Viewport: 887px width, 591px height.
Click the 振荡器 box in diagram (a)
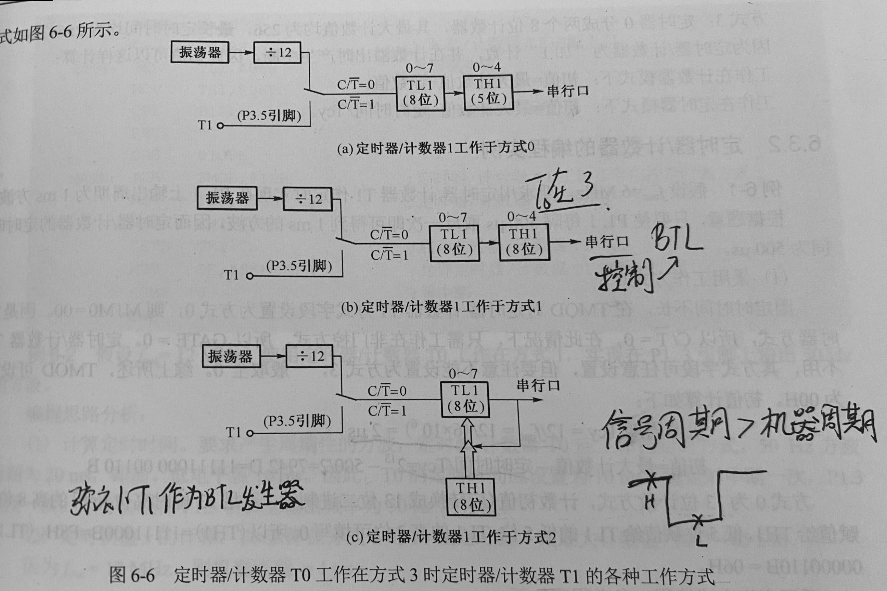[200, 52]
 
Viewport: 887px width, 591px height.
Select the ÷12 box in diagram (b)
[308, 199]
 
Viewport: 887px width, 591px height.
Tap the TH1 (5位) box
[488, 92]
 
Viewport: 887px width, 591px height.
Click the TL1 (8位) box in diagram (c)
[465, 399]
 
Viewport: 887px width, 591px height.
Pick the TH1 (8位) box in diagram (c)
[471, 497]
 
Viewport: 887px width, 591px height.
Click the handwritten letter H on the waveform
[650, 501]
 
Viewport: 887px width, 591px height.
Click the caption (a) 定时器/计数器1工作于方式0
[436, 148]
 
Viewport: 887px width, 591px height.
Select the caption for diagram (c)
[451, 537]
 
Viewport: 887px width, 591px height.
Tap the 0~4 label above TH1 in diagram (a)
[487, 67]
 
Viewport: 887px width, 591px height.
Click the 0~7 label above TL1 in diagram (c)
[463, 374]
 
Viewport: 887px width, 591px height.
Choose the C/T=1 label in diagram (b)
[389, 255]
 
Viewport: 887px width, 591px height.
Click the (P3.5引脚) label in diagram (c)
[297, 421]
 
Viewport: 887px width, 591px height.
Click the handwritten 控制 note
[624, 279]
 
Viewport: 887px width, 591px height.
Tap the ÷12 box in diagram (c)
[310, 356]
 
